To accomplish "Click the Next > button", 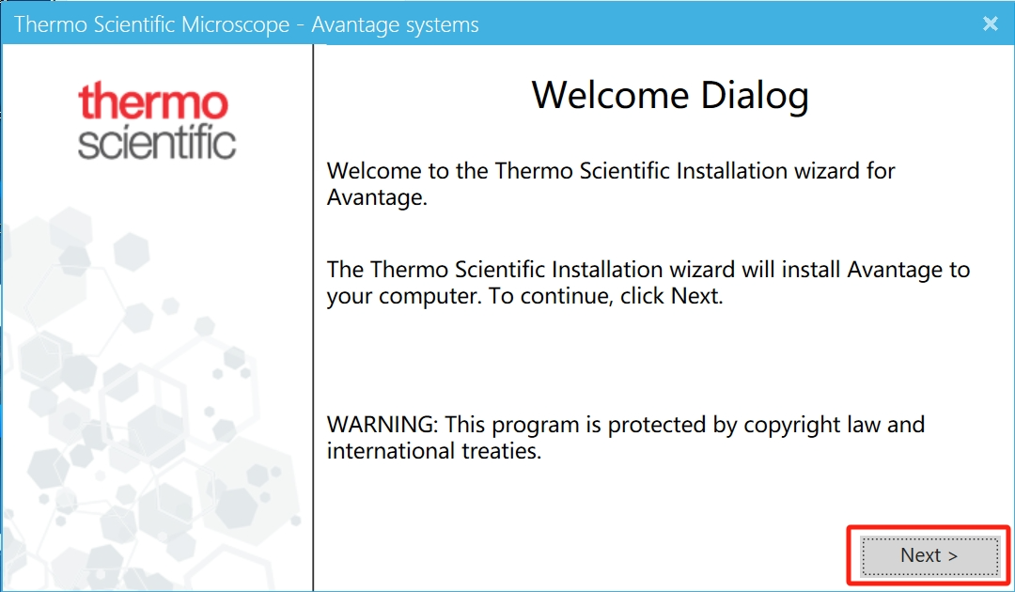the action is coord(929,555).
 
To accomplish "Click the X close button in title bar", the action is coord(990,23).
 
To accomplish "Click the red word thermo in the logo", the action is coord(153,101).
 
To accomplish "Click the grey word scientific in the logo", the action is coord(157,141).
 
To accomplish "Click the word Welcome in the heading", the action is coord(610,95).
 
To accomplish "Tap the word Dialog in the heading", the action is coord(755,97).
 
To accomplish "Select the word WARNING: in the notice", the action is coord(383,425).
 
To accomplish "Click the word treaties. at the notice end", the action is coord(501,450).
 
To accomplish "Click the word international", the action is coord(391,450).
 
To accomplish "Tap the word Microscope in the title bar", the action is coord(235,24).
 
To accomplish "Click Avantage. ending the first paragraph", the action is coord(378,197).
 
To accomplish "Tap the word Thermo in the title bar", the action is coord(51,23).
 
